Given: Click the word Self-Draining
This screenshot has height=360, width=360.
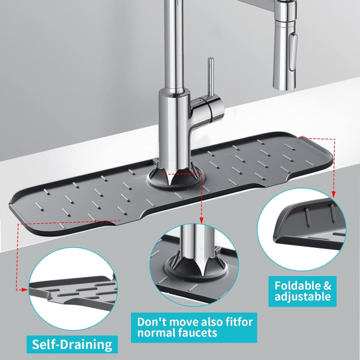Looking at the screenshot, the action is pyautogui.click(x=72, y=344).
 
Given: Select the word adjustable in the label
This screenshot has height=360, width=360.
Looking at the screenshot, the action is pyautogui.click(x=302, y=296).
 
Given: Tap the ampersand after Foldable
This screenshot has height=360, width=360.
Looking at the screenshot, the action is pyautogui.click(x=327, y=286).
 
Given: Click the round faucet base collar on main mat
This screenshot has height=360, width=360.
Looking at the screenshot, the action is pyautogui.click(x=175, y=181).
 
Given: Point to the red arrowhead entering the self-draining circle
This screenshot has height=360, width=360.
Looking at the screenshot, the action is pyautogui.click(x=25, y=290).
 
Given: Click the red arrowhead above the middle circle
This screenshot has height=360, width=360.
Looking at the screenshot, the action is pyautogui.click(x=202, y=221).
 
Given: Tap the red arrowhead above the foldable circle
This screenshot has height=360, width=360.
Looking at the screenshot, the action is pyautogui.click(x=334, y=194).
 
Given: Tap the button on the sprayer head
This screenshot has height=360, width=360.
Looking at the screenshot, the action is pyautogui.click(x=293, y=52).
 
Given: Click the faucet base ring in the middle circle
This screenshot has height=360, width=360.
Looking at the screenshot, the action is pyautogui.click(x=196, y=273).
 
